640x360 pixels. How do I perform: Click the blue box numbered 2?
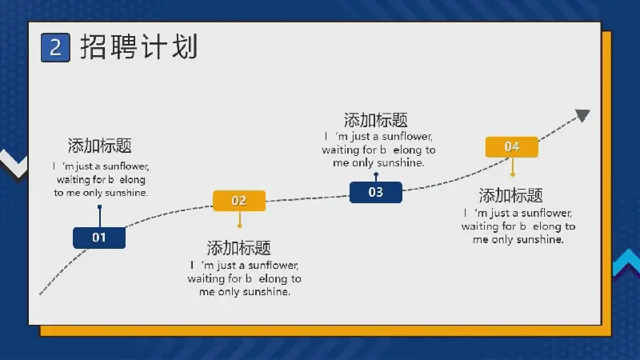click(x=55, y=48)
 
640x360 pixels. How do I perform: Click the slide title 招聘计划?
click(x=139, y=47)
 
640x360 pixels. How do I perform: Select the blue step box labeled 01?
click(x=99, y=238)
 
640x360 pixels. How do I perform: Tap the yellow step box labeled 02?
click(x=239, y=201)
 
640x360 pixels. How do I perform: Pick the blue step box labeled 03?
click(x=376, y=192)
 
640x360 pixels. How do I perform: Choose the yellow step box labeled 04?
click(x=512, y=147)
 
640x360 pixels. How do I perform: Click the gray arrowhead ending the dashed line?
click(x=583, y=115)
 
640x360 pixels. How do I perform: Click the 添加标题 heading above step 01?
click(x=99, y=146)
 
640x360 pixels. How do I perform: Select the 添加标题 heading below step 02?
click(x=238, y=248)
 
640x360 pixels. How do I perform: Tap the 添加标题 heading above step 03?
click(x=375, y=120)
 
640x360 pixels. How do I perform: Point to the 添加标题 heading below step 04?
click(x=510, y=195)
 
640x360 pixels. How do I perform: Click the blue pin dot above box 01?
click(x=99, y=207)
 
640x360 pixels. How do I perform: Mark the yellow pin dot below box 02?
click(x=239, y=226)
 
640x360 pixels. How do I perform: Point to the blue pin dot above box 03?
click(x=376, y=174)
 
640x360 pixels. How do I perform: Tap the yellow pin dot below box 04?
click(x=513, y=174)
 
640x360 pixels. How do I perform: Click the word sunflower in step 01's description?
click(x=126, y=166)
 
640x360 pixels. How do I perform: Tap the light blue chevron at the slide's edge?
click(x=626, y=262)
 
